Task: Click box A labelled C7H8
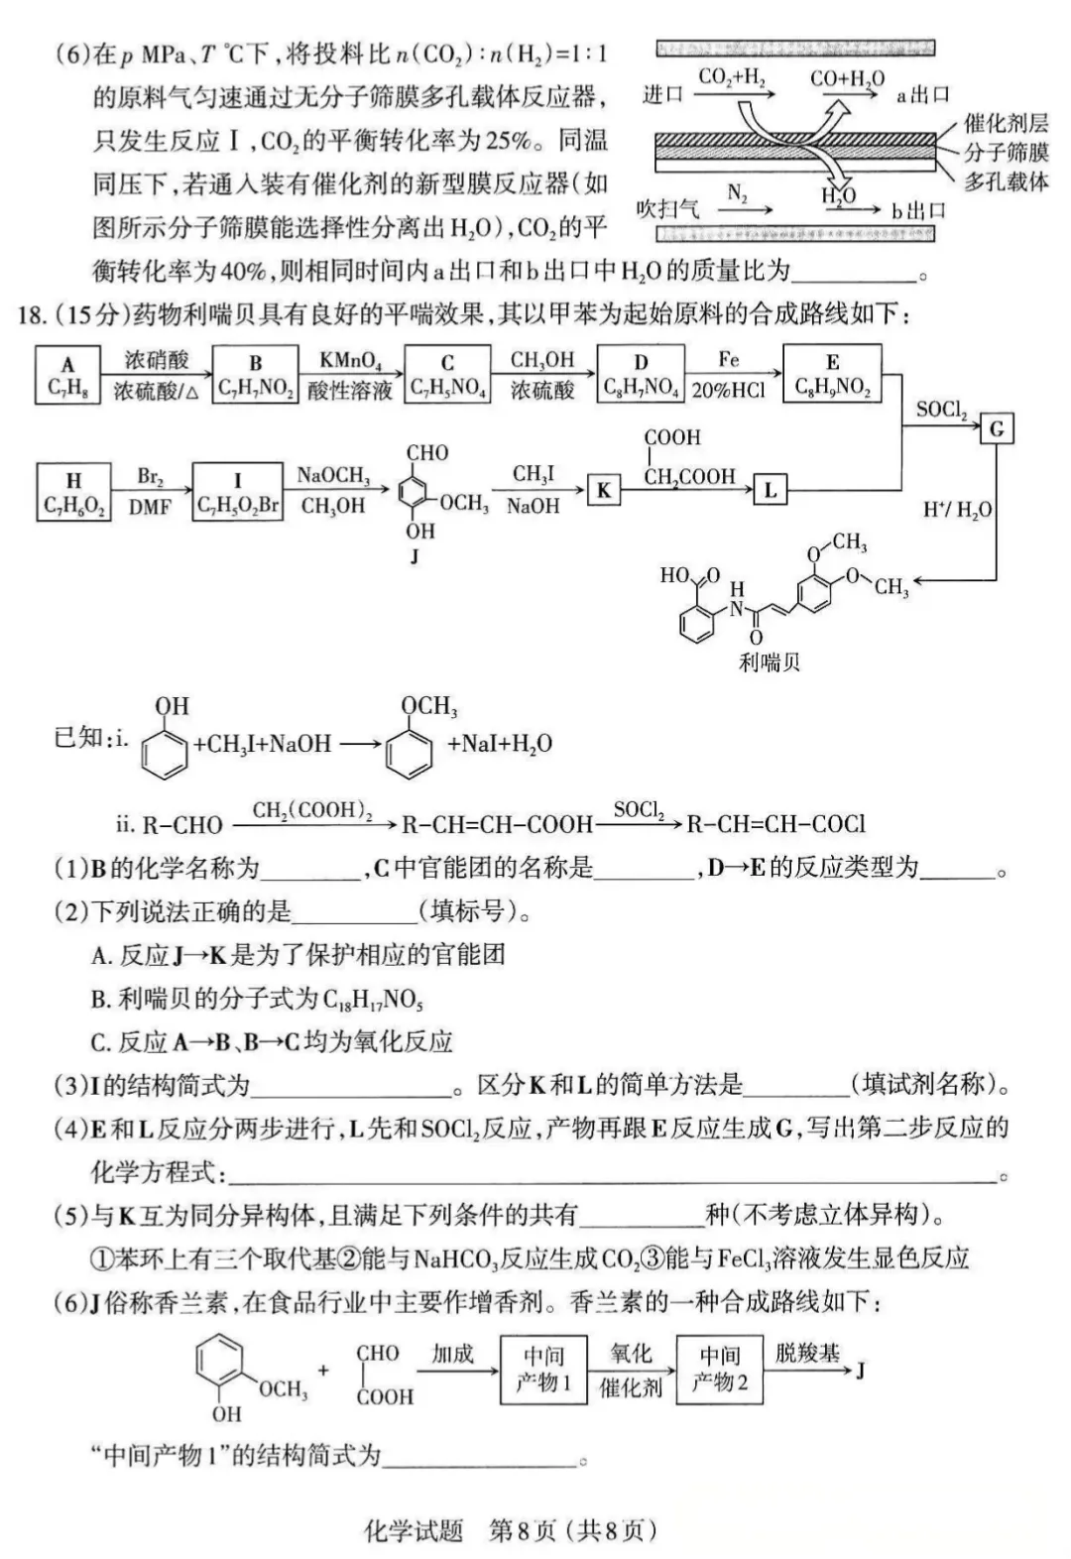coord(67,375)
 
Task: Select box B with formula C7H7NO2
coord(255,375)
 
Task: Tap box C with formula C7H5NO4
coord(448,375)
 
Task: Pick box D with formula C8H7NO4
coord(641,375)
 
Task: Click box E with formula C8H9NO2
coord(832,374)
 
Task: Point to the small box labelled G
coord(997,429)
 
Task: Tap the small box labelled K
coord(603,490)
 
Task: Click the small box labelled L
coord(770,489)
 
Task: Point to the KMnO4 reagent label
coord(349,361)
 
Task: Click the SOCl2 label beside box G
coord(942,409)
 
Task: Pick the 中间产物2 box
coord(719,1370)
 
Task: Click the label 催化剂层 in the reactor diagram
coord(1005,124)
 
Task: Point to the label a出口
coord(922,95)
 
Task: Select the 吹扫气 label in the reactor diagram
coord(666,209)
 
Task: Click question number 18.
coord(32,315)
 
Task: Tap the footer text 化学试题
coord(414,1530)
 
